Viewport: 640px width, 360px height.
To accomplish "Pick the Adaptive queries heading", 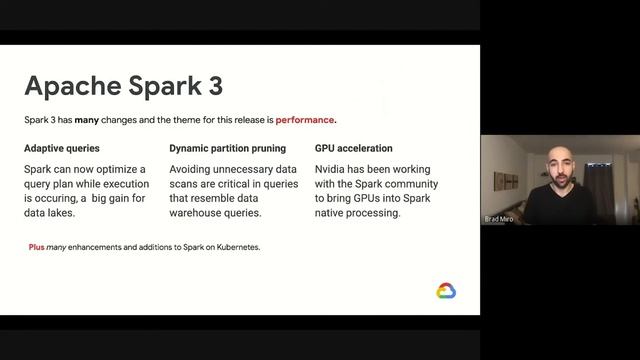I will coord(62,148).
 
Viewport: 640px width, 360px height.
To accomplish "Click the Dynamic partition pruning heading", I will coord(227,148).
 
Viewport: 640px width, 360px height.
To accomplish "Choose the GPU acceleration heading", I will coord(353,148).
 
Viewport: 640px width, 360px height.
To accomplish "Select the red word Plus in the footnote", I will coord(36,246).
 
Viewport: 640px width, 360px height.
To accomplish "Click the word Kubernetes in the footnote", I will coord(235,246).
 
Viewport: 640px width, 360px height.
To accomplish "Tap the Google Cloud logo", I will coord(446,291).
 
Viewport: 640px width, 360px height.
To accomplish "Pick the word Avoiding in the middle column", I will coord(193,169).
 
